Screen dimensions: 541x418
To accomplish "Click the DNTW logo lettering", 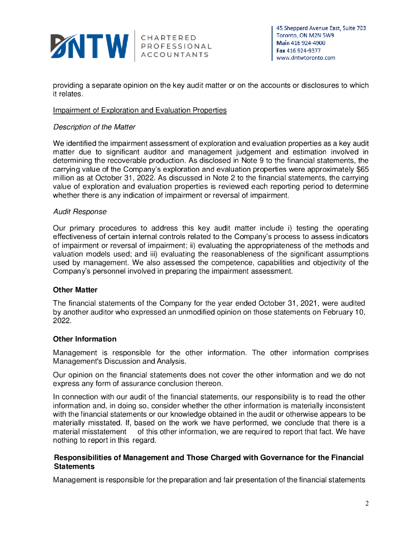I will click(89, 45).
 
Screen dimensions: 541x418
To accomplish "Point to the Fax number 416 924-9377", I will click(305, 50).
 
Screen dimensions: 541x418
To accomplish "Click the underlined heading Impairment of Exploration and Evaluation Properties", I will click(140, 110).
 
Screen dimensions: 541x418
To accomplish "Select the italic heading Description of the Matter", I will click(94, 127).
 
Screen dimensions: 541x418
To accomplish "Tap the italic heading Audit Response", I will click(80, 212).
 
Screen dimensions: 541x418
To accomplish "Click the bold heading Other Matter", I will click(75, 290).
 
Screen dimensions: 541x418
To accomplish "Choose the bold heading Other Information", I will click(85, 339).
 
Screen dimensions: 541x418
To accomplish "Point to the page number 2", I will click(367, 503).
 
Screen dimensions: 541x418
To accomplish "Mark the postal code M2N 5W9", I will click(315, 35).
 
